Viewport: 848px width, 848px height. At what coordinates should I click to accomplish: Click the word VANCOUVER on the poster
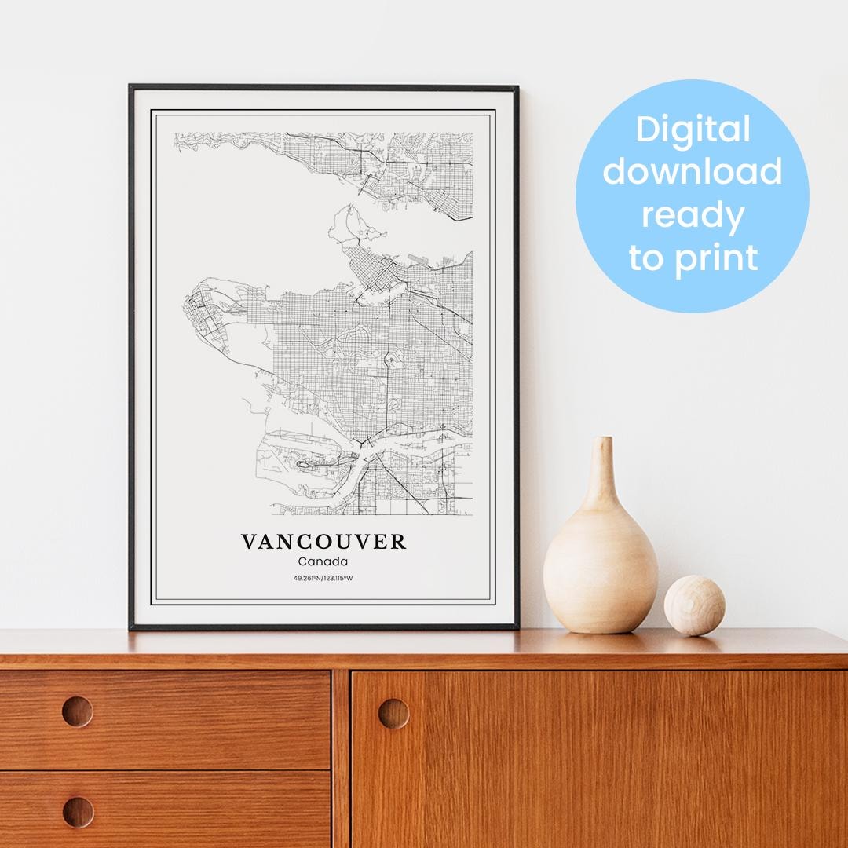323,542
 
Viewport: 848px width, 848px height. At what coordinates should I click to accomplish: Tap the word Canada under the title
323,561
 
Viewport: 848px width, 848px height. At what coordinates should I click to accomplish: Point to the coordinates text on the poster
323,579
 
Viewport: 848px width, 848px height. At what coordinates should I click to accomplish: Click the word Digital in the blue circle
693,130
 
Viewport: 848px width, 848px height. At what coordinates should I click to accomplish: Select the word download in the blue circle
693,171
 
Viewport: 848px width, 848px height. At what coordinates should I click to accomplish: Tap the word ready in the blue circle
693,214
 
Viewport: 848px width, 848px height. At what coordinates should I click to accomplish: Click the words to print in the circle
693,257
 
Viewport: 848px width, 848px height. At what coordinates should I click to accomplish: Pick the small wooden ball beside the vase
694,605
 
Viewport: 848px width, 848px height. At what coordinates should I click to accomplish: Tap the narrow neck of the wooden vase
602,471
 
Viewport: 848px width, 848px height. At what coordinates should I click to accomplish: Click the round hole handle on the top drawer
77,711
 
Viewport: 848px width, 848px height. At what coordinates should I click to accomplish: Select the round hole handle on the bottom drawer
77,811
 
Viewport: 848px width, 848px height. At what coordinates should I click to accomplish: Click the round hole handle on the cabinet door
393,713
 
